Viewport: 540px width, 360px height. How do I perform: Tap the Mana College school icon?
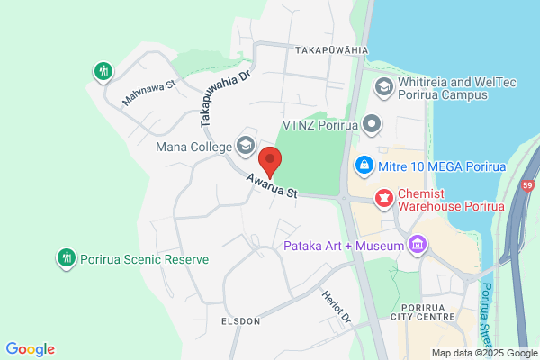pyautogui.click(x=245, y=145)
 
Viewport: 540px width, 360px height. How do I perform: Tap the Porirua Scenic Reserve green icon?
pyautogui.click(x=65, y=258)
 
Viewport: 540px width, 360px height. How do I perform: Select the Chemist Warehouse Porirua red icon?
pyautogui.click(x=384, y=196)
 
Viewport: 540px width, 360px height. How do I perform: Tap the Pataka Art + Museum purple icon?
pyautogui.click(x=417, y=244)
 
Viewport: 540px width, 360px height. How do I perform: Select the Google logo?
pyautogui.click(x=30, y=349)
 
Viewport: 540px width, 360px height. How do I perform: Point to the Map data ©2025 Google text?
pyautogui.click(x=483, y=353)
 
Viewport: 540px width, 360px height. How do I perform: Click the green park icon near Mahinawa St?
pyautogui.click(x=103, y=70)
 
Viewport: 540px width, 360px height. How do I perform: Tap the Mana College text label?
pyautogui.click(x=192, y=146)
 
